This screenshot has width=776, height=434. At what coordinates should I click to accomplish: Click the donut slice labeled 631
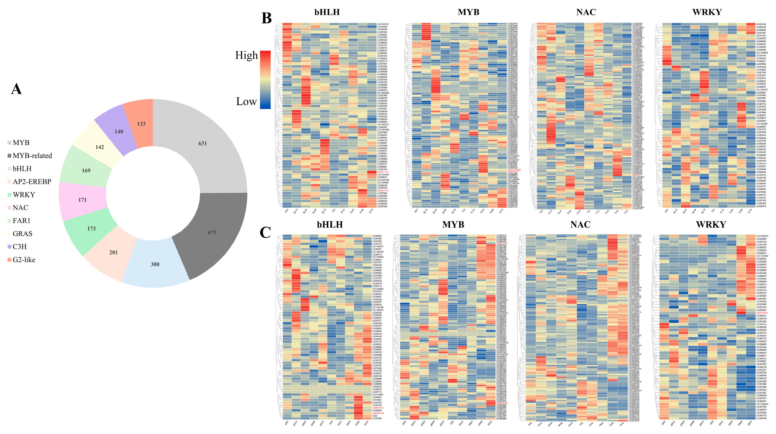[202, 143]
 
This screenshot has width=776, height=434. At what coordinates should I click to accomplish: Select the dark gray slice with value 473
[212, 232]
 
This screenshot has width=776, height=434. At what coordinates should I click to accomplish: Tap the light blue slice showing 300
[155, 264]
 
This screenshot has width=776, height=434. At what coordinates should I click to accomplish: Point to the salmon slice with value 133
[141, 124]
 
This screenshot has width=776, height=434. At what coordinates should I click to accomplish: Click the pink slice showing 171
[82, 200]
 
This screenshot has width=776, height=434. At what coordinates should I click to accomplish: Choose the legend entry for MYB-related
[32, 156]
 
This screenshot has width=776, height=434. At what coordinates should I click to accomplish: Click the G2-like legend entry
[24, 260]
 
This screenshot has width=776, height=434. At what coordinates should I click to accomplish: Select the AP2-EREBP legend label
[32, 182]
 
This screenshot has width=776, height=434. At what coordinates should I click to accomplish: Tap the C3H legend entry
[20, 247]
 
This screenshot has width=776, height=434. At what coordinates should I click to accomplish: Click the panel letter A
[16, 89]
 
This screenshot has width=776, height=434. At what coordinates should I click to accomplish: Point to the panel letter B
[266, 18]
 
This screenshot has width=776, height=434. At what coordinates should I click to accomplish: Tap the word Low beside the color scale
[246, 101]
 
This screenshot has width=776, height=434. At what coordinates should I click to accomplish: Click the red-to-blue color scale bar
[265, 80]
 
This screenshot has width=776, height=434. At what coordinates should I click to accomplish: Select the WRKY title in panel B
[707, 12]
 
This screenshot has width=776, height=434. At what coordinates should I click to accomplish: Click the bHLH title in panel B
[327, 12]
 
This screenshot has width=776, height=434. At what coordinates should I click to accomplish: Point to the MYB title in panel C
[453, 224]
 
